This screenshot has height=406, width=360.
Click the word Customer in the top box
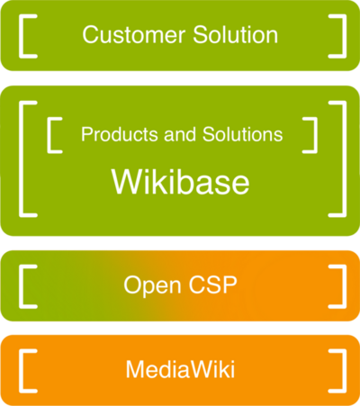click(x=134, y=35)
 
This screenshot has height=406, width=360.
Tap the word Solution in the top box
click(x=236, y=35)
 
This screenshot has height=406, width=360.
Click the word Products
click(x=120, y=134)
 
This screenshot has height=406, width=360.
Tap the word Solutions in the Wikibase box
click(x=243, y=134)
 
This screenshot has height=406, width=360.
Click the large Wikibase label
click(x=180, y=182)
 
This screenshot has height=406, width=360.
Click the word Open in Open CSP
click(x=152, y=285)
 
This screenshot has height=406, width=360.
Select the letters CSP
click(x=212, y=284)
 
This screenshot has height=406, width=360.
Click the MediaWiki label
click(x=180, y=369)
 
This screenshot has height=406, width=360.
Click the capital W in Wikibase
click(x=129, y=182)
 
